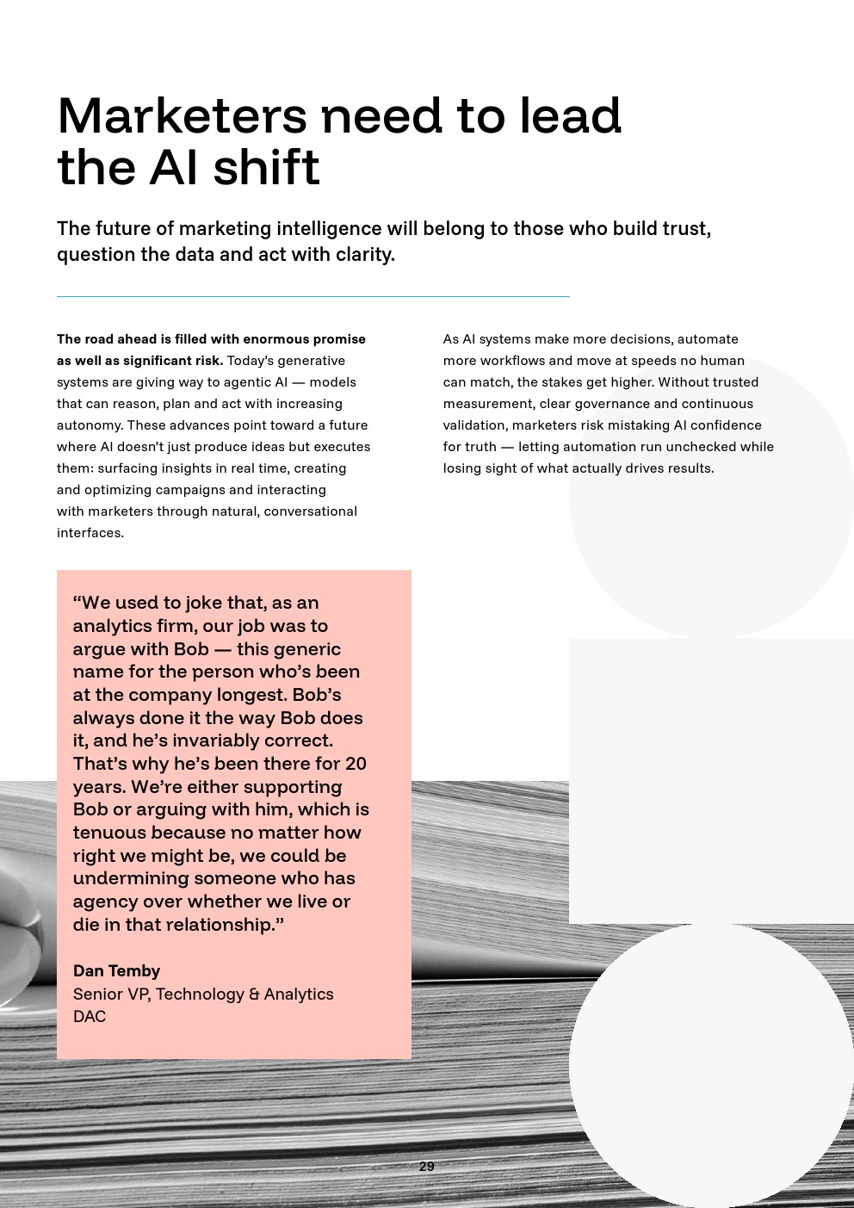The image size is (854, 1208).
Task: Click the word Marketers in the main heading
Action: point(182,116)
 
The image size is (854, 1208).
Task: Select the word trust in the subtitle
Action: point(686,229)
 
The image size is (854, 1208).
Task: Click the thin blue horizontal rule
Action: point(313,296)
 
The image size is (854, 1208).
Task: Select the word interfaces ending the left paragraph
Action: point(90,533)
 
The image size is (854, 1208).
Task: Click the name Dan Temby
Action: point(116,971)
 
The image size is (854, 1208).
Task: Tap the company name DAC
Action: point(90,1017)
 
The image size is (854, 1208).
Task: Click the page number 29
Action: point(426,1167)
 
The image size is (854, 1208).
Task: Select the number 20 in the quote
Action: point(356,764)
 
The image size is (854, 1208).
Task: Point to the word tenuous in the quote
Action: point(108,833)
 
